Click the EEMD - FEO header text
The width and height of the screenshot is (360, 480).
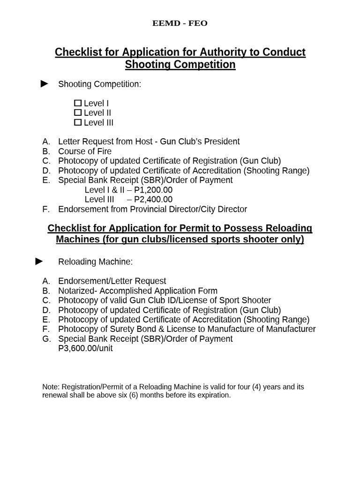pyautogui.click(x=180, y=23)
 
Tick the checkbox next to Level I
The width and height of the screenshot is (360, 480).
pyautogui.click(x=78, y=103)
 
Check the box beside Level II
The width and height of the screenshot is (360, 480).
pyautogui.click(x=78, y=113)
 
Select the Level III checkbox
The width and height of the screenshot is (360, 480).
pyautogui.click(x=78, y=123)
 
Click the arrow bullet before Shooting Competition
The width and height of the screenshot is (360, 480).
pyautogui.click(x=45, y=84)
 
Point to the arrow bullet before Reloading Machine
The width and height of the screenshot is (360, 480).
pyautogui.click(x=39, y=261)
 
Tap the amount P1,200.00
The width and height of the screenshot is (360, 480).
pyautogui.click(x=153, y=190)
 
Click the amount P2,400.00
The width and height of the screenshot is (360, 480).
pyautogui.click(x=153, y=200)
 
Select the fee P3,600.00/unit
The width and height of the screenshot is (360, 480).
pyautogui.click(x=85, y=348)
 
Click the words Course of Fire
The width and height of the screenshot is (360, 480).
pyautogui.click(x=85, y=151)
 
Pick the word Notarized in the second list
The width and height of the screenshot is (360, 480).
pyautogui.click(x=77, y=291)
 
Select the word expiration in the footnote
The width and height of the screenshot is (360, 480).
pyautogui.click(x=213, y=395)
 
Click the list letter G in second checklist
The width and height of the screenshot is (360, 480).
pyautogui.click(x=46, y=339)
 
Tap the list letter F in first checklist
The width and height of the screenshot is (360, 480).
pyautogui.click(x=45, y=209)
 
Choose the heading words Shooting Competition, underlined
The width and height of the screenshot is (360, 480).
pyautogui.click(x=180, y=65)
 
